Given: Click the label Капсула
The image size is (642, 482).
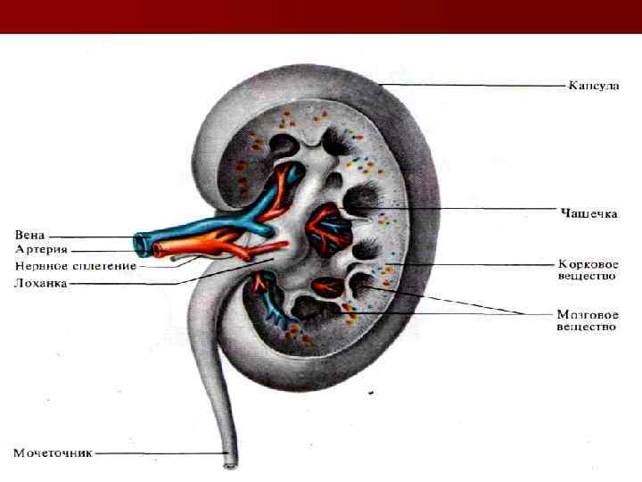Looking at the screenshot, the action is click(x=594, y=87).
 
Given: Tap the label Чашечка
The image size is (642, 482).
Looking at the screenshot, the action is click(x=588, y=212).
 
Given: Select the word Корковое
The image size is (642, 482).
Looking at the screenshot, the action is click(x=587, y=264).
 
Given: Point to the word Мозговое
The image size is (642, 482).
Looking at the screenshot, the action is click(x=587, y=314).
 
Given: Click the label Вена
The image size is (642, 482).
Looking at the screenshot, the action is click(x=29, y=235).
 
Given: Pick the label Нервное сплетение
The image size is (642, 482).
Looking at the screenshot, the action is click(x=76, y=266).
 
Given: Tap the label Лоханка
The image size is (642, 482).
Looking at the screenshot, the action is click(x=41, y=284).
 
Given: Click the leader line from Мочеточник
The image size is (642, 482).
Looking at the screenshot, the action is click(x=160, y=453).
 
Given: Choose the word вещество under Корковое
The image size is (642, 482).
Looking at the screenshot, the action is click(x=587, y=277).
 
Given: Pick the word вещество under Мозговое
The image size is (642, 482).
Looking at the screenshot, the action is click(x=587, y=327).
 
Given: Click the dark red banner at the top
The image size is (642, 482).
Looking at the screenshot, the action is click(x=321, y=16).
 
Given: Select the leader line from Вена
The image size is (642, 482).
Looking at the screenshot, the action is click(x=89, y=237).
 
